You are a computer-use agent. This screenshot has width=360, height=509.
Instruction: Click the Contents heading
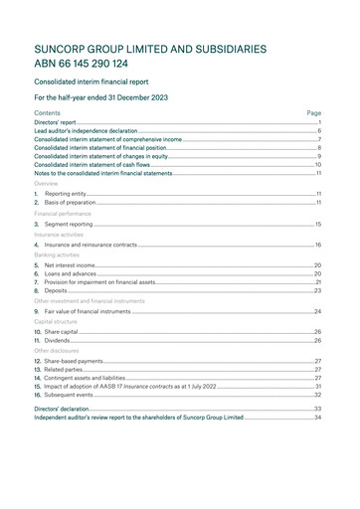(47, 113)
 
